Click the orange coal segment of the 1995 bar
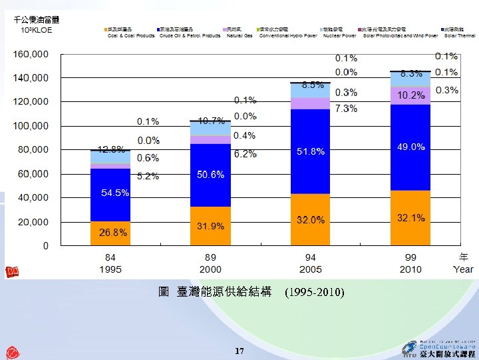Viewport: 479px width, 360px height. point(110,233)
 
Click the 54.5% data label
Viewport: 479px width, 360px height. point(115,193)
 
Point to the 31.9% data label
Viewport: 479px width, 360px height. point(210,227)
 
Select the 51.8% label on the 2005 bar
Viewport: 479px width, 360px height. point(311,152)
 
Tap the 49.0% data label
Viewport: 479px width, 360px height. point(411,147)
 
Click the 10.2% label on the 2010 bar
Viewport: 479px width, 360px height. point(411,96)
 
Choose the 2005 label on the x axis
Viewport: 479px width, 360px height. point(311,269)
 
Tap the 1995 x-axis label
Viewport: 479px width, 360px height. point(110,269)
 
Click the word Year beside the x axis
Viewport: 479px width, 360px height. point(463,269)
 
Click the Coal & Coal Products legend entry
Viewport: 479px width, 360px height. point(130,35)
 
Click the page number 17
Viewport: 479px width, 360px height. point(239,351)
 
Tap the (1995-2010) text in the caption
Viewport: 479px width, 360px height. point(314,292)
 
